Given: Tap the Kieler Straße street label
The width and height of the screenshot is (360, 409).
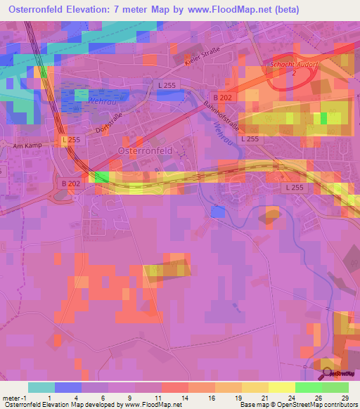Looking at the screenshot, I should coord(202,57).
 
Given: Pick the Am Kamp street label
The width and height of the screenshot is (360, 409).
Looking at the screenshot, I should coord(27,146).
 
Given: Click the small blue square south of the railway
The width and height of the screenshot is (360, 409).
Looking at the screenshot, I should coord(217,211).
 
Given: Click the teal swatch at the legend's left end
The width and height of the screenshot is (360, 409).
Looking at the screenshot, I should coord(41,387).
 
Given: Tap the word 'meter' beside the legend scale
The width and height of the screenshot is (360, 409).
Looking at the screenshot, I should coord(10,397).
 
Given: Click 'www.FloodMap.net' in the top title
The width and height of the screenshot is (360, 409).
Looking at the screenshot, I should coord(230,10).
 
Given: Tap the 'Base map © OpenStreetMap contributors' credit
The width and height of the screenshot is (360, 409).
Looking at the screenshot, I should coord(298,405).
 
